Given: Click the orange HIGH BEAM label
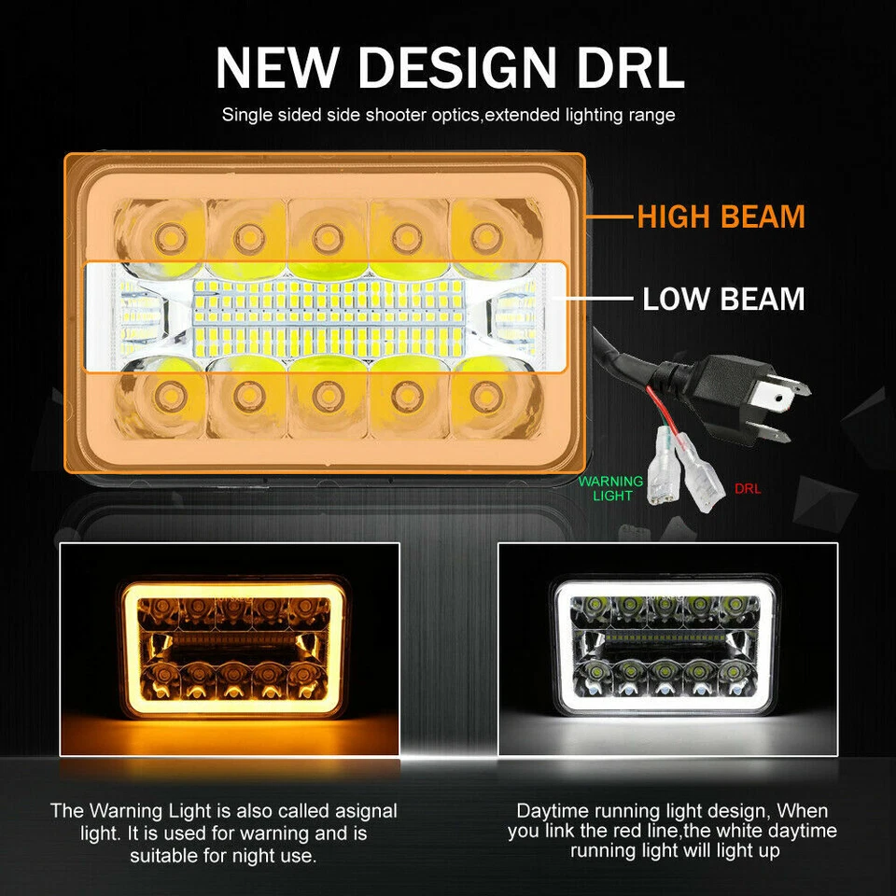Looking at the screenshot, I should pyautogui.click(x=721, y=217).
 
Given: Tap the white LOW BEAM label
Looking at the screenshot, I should pyautogui.click(x=723, y=300).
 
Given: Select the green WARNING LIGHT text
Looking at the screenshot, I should pyautogui.click(x=611, y=488).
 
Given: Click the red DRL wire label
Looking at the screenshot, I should pyautogui.click(x=748, y=488).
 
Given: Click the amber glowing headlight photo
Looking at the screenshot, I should pyautogui.click(x=230, y=649).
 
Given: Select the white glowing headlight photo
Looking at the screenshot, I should pyautogui.click(x=667, y=649).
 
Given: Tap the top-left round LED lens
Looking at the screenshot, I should pyautogui.click(x=168, y=233).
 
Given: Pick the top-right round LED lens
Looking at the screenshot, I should pyautogui.click(x=482, y=233).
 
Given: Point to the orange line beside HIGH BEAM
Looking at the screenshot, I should pyautogui.click(x=610, y=217).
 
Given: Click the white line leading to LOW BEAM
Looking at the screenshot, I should pyautogui.click(x=601, y=300).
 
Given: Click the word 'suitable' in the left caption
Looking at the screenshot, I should pyautogui.click(x=162, y=854).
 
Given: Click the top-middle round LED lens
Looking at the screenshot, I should pyautogui.click(x=326, y=233).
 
